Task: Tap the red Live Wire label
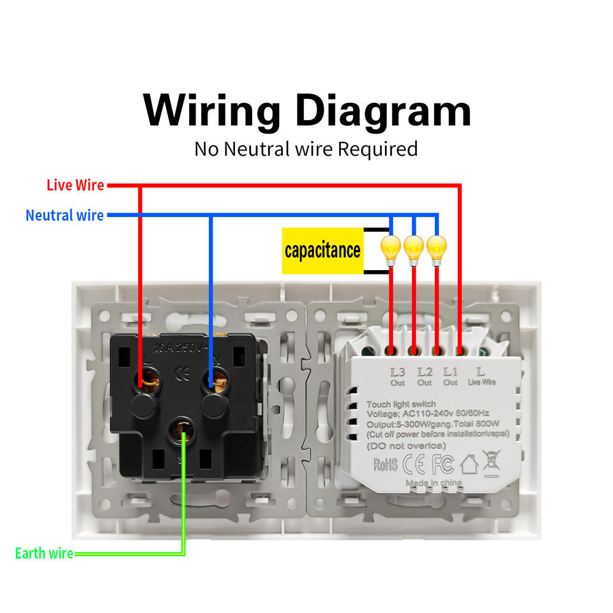(x=75, y=185)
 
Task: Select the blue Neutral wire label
(x=64, y=215)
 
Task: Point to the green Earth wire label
(x=44, y=553)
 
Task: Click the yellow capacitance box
(x=322, y=250)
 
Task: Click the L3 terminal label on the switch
(x=398, y=372)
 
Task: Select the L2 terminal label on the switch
(x=425, y=372)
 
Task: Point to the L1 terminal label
(x=451, y=372)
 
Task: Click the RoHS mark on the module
(x=385, y=464)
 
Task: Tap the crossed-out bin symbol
(x=492, y=461)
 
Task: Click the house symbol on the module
(x=469, y=464)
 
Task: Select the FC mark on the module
(x=443, y=464)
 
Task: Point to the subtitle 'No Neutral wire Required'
(x=306, y=149)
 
